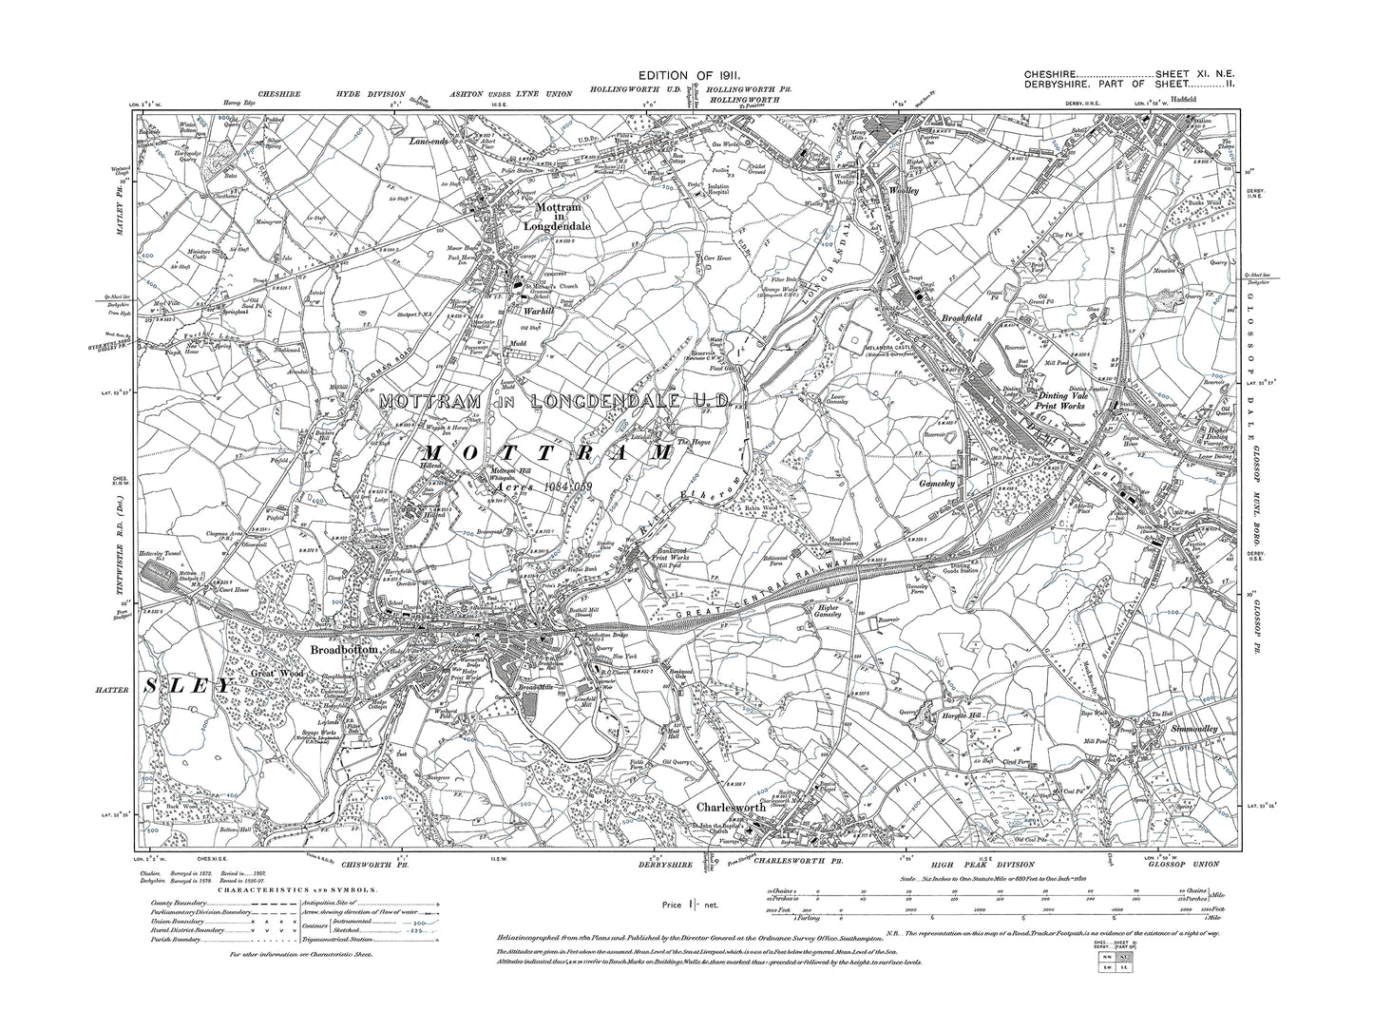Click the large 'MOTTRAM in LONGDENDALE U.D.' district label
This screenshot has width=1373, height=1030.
(553, 403)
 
